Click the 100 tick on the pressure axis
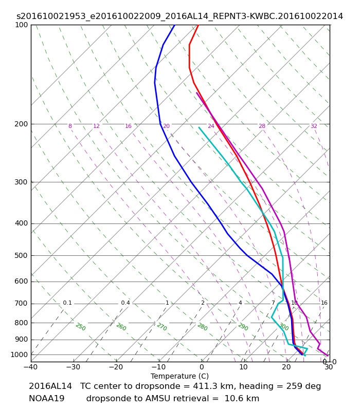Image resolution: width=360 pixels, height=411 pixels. click(22, 25)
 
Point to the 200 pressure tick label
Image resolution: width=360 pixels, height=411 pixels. click(22, 124)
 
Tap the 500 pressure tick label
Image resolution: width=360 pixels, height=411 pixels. click(22, 255)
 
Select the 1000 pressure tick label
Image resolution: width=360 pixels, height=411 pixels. click(20, 354)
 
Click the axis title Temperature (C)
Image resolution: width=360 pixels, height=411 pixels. click(179, 376)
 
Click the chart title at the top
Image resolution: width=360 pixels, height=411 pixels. click(179, 16)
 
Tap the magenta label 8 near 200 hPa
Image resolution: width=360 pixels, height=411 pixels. click(70, 126)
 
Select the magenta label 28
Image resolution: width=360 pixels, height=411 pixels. click(262, 126)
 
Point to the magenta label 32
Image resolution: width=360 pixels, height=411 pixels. click(314, 126)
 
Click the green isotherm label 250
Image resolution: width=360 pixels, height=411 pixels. click(80, 327)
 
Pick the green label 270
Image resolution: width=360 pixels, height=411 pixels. click(161, 327)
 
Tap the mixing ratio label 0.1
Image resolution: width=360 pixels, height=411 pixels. click(67, 303)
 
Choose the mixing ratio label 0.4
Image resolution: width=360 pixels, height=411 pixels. click(125, 303)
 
